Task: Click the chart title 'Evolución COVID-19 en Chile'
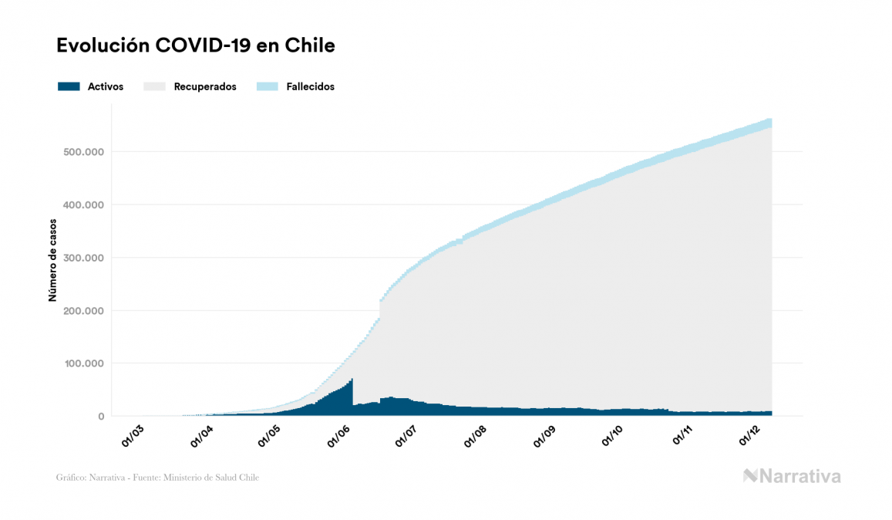[x=195, y=46]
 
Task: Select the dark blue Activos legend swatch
[x=69, y=86]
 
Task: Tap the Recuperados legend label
[x=205, y=86]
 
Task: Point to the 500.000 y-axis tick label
[x=83, y=152]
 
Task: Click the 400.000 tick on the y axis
[x=83, y=205]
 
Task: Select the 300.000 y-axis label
[x=83, y=258]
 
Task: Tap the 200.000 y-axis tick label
[x=83, y=311]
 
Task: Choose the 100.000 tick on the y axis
[x=83, y=363]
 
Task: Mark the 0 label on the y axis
[x=100, y=417]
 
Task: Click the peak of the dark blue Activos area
[x=352, y=380]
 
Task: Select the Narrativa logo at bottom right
[x=792, y=476]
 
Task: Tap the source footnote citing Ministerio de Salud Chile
[x=157, y=478]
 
